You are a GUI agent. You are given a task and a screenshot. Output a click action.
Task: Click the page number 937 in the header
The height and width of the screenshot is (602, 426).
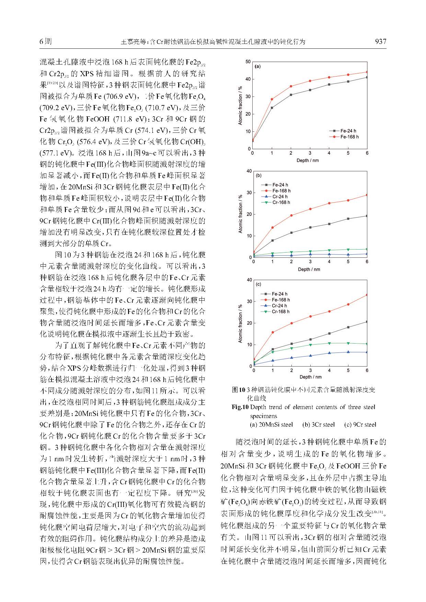380,42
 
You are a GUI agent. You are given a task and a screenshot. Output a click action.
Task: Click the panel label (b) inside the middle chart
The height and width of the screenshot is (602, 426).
258,175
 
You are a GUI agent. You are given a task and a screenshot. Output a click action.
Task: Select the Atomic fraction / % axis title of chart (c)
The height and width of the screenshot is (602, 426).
240,323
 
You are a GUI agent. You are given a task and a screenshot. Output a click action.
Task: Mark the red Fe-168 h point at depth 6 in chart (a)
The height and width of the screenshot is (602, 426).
367,72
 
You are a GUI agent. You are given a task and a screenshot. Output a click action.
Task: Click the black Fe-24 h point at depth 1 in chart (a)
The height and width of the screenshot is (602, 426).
272,108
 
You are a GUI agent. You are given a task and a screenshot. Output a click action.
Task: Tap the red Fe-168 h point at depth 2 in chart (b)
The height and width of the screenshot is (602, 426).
291,216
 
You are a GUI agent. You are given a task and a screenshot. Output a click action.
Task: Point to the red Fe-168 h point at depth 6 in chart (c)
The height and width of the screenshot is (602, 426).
367,295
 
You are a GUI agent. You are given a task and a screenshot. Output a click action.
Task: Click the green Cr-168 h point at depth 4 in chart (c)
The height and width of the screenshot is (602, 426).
329,343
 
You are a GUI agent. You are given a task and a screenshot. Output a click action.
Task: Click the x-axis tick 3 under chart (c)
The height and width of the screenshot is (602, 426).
310,371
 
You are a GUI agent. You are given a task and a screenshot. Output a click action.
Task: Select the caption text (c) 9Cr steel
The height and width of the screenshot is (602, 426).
360,425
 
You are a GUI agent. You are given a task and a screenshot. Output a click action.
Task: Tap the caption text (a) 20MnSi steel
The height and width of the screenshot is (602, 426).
271,425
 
